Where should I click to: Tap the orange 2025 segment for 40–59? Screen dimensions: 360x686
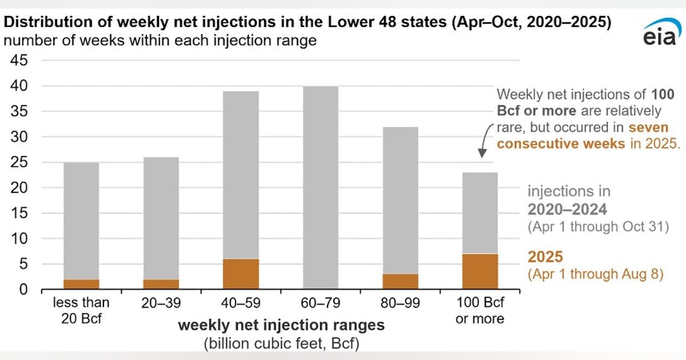[241, 274]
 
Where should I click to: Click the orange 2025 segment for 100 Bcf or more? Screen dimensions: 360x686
[480, 271]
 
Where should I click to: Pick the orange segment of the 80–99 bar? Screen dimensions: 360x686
[401, 282]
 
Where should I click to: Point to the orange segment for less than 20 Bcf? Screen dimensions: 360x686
[81, 284]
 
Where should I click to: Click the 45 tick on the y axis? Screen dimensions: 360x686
[24, 61]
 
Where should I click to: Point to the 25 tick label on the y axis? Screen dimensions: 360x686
[24, 162]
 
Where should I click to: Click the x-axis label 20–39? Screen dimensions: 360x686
[161, 303]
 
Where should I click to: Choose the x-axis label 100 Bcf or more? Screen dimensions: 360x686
[480, 310]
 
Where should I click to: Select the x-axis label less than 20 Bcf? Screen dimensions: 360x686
[81, 310]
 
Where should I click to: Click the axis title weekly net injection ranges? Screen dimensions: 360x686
[281, 326]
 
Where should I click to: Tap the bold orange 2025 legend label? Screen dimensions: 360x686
[545, 257]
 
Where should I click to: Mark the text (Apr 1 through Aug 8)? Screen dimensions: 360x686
[595, 274]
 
